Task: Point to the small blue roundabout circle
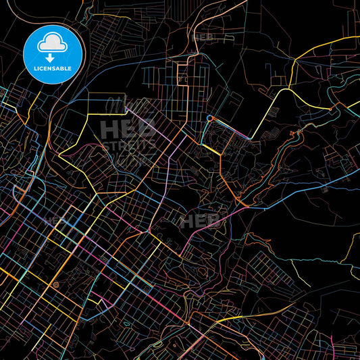[x=209, y=119]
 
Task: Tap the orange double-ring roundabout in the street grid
[x=56, y=286]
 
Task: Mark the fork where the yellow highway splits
[x=289, y=88]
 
